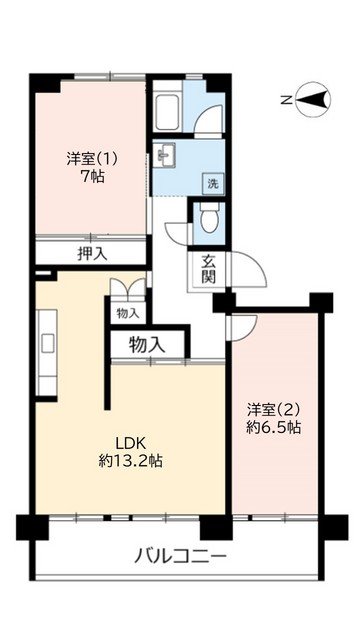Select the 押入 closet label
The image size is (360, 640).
click(x=92, y=253)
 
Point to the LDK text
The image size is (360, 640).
click(x=131, y=443)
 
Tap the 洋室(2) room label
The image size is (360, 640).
click(x=274, y=409)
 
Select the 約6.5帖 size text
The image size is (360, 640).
click(x=274, y=427)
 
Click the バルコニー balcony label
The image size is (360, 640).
click(x=181, y=556)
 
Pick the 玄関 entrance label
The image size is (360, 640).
click(x=209, y=269)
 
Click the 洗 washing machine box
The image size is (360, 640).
click(x=212, y=183)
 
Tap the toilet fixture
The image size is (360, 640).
click(x=208, y=218)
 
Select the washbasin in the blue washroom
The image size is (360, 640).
click(x=166, y=156)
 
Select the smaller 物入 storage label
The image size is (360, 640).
click(x=128, y=314)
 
